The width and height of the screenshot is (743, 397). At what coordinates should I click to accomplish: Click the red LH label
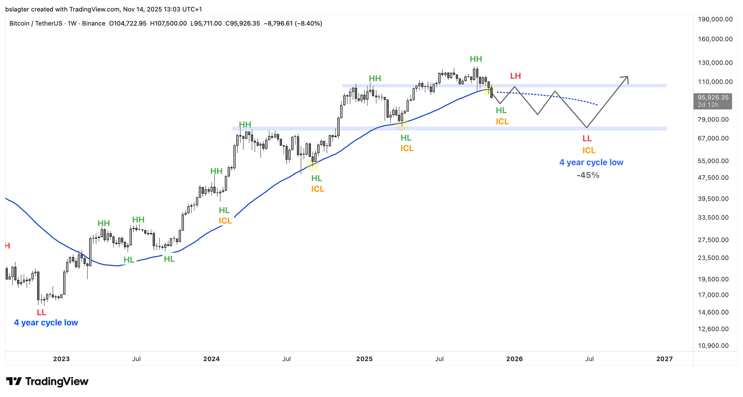pyautogui.click(x=515, y=76)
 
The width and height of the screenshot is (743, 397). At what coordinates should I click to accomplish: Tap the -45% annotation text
pyautogui.click(x=588, y=175)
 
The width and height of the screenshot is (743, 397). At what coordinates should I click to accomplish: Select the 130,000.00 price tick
pyautogui.click(x=715, y=63)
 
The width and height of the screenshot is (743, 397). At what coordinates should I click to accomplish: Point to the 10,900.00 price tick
pyautogui.click(x=713, y=346)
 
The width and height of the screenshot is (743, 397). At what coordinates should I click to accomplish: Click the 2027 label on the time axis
pyautogui.click(x=664, y=359)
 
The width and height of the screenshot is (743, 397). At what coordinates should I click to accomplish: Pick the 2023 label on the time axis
pyautogui.click(x=61, y=359)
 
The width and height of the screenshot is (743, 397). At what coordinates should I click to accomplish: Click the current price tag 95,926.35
pyautogui.click(x=713, y=98)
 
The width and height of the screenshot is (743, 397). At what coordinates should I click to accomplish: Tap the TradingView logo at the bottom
pyautogui.click(x=47, y=382)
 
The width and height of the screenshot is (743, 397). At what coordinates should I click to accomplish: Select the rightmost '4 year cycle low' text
pyautogui.click(x=591, y=162)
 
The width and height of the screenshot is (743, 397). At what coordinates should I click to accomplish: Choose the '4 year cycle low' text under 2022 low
pyautogui.click(x=46, y=323)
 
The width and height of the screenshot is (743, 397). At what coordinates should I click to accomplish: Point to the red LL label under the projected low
pyautogui.click(x=587, y=139)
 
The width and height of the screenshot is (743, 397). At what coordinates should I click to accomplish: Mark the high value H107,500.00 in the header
pyautogui.click(x=168, y=23)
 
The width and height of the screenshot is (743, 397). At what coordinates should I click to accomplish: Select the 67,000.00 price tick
pyautogui.click(x=713, y=138)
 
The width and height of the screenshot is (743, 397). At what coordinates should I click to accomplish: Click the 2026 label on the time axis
pyautogui.click(x=514, y=359)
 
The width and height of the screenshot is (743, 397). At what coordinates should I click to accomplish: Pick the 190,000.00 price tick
pyautogui.click(x=715, y=19)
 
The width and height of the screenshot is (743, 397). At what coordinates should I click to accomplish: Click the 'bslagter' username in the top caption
pyautogui.click(x=18, y=9)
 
